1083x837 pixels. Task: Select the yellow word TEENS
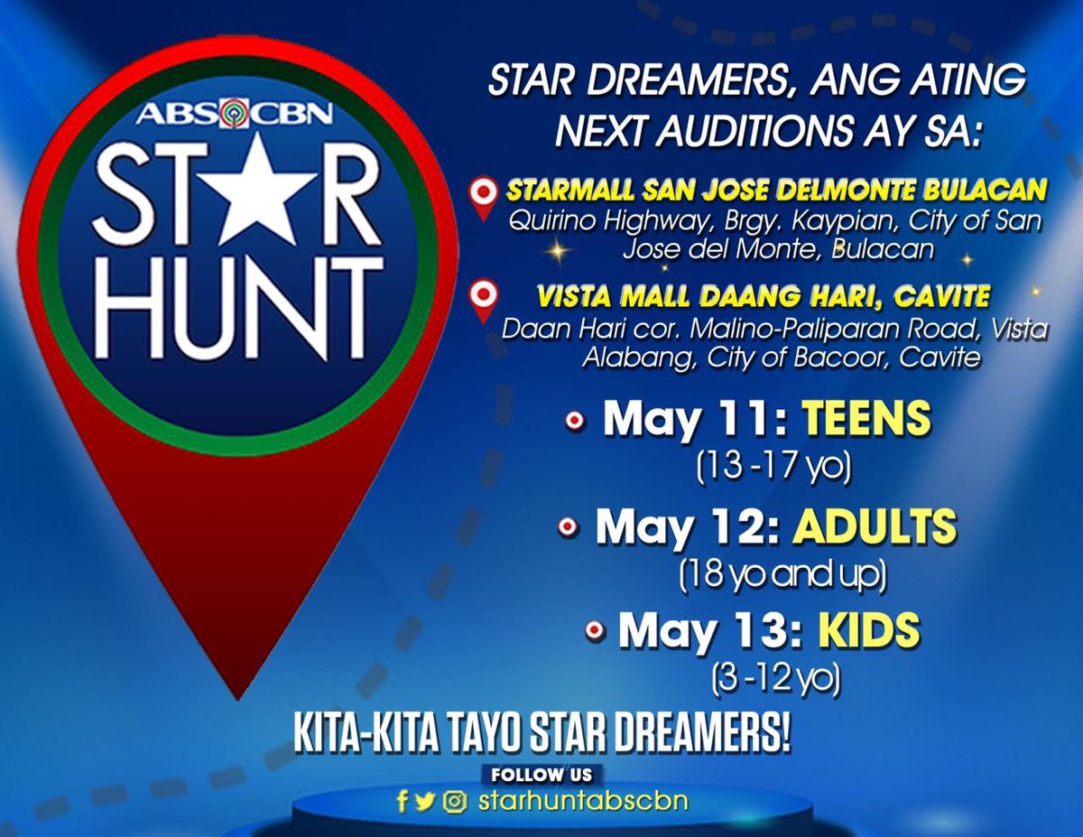pos(867,420)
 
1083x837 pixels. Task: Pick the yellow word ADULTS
pos(875,526)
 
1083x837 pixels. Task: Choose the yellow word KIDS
pos(868,630)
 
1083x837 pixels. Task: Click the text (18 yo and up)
pos(782,575)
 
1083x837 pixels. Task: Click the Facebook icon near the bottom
pos(403,801)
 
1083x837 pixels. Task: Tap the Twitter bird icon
pos(426,801)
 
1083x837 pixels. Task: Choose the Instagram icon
pos(455,801)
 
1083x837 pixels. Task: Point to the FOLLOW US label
pos(542,775)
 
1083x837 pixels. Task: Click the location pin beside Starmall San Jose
pos(486,194)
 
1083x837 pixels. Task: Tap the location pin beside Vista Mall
pos(486,299)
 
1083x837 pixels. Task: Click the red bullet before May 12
pos(568,527)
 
